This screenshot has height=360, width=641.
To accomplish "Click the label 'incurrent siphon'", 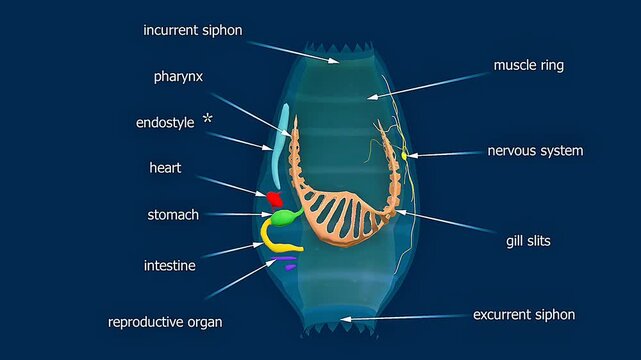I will click(x=191, y=30).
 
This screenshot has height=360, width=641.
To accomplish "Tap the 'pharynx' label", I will click(x=180, y=76).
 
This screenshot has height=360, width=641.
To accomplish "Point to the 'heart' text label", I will click(x=165, y=168).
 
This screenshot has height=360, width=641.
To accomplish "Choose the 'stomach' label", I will click(x=173, y=214).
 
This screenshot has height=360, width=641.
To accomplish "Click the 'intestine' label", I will click(x=169, y=266).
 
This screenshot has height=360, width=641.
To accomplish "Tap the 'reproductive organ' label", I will click(x=165, y=322).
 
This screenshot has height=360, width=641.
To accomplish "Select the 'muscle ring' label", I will click(x=529, y=66).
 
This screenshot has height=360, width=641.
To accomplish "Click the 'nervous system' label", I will click(x=535, y=151).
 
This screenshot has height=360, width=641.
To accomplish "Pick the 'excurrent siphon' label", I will click(x=524, y=315).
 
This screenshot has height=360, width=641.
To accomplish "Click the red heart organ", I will click(x=270, y=197).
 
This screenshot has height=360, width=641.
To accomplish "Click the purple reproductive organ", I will click(x=288, y=265).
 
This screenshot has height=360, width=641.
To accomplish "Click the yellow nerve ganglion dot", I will click(x=405, y=155).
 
